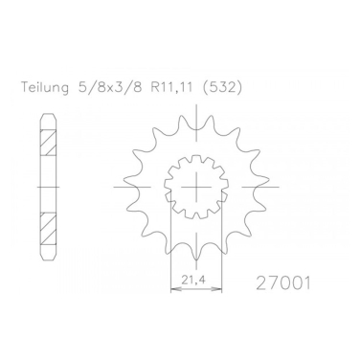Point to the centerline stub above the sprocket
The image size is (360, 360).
199,111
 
